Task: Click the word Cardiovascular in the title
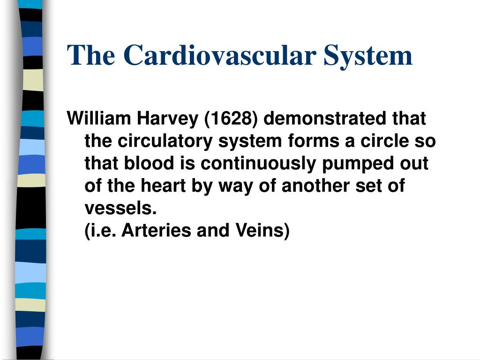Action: (220, 55)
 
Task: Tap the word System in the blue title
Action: (368, 57)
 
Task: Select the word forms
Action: (314, 141)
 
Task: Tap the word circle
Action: (384, 141)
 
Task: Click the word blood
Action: (149, 163)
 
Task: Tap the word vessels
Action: (121, 208)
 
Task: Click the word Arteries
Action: (157, 230)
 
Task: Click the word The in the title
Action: (91, 55)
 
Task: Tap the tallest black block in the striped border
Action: (31, 208)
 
